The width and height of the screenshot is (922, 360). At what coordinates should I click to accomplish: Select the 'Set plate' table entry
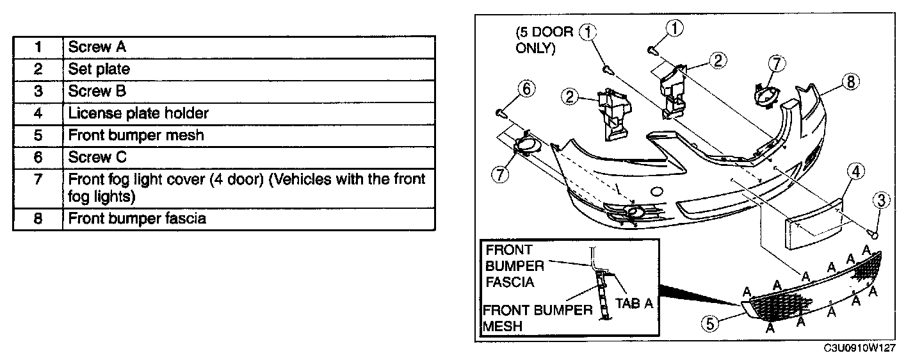(x=99, y=69)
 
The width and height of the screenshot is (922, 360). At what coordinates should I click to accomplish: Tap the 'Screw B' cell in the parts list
(x=97, y=91)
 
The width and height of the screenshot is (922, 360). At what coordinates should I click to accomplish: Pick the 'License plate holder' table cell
(x=138, y=113)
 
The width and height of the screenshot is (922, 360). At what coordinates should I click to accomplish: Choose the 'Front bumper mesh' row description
(x=136, y=135)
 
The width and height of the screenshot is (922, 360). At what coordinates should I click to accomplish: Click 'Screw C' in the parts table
(x=97, y=157)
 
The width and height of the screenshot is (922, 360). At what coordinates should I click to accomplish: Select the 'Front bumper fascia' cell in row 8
(x=137, y=218)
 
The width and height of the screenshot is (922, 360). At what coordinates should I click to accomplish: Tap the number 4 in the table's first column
(x=38, y=113)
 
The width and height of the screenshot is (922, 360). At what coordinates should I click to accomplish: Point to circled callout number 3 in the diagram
(x=880, y=201)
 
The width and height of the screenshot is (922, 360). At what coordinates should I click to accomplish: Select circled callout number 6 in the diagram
(x=525, y=90)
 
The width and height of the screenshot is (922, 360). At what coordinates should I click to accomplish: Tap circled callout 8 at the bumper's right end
(x=851, y=82)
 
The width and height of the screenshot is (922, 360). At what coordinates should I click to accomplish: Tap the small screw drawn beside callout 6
(x=501, y=113)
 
